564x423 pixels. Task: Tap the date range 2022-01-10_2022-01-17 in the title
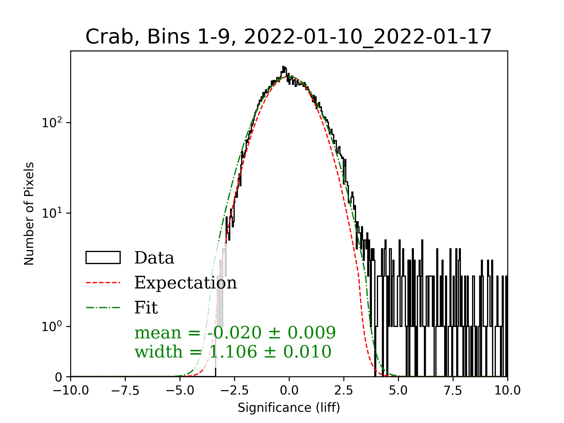pos(367,37)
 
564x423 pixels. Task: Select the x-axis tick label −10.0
pos(71,390)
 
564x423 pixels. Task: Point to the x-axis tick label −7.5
pos(125,390)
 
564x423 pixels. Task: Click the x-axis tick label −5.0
pos(180,390)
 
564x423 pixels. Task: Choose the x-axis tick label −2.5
pos(235,390)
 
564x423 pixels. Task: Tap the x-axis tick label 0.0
pos(289,390)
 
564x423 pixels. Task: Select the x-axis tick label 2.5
pos(344,390)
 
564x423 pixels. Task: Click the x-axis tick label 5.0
pos(398,390)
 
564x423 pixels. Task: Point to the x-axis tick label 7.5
pos(453,390)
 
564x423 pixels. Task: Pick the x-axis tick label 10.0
pos(508,390)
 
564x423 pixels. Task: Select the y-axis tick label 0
pos(59,377)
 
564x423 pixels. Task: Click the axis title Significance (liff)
pos(289,408)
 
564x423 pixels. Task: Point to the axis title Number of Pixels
pos(29,214)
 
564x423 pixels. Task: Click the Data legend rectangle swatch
pos(103,258)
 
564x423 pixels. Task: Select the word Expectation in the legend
pos(185,283)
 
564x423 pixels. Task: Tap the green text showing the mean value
pos(235,333)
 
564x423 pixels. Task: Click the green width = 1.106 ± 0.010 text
pos(233,352)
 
